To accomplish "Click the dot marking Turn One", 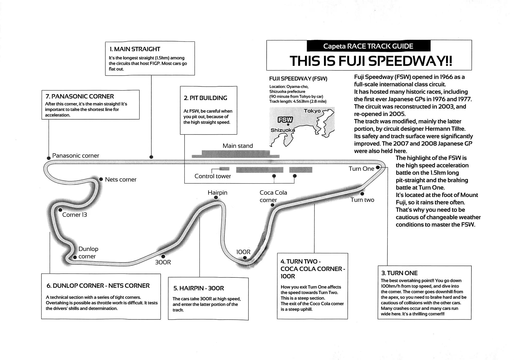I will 378,167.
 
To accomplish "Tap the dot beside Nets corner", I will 101,179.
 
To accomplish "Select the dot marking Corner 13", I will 60,210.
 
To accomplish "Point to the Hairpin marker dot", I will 216,197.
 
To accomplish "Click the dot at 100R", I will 245,258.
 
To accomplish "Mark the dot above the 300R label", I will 163,256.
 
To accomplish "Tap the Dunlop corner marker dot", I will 75,257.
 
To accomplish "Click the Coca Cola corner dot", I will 273,205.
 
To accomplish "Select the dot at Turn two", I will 362,194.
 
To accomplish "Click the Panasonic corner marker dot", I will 49,158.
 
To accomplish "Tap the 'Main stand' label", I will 238,146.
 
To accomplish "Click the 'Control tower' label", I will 213,176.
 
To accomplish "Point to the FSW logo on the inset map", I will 285,120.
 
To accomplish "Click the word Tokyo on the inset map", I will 312,111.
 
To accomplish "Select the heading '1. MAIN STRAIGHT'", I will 135,49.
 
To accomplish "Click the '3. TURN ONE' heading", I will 399,273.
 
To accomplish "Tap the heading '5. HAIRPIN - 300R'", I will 198,288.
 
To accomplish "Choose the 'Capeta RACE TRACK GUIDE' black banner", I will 368,46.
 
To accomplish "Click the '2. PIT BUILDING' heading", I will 205,98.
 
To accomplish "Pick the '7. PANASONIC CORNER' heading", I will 80,96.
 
